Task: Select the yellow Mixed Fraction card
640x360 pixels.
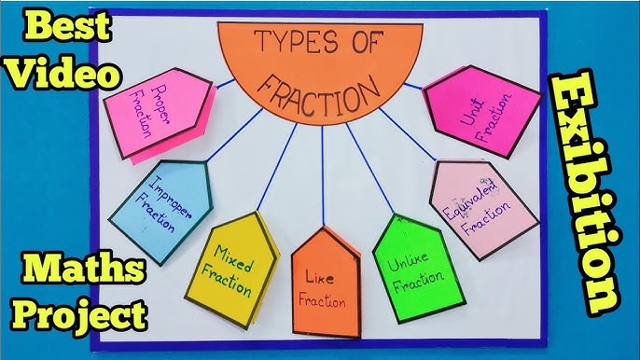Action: pos(233,266)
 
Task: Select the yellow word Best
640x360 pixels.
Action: pos(59,27)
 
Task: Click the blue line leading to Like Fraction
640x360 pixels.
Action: pos(323,177)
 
